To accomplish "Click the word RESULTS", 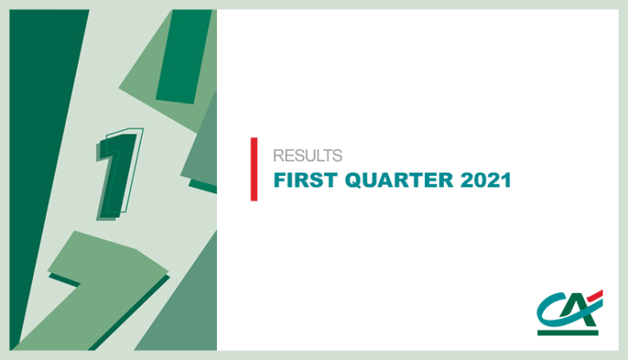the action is (x=308, y=155).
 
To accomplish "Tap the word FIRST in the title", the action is (x=305, y=180).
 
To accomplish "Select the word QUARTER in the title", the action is (x=399, y=180).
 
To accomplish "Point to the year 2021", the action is (x=486, y=180).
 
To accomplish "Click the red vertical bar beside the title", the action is (x=254, y=169).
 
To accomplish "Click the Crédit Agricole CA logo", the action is (x=570, y=313).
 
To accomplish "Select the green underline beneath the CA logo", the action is (x=567, y=333).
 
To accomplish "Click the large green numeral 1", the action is (x=119, y=174).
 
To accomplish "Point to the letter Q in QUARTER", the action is (x=354, y=180).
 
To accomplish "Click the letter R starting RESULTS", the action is (x=278, y=155).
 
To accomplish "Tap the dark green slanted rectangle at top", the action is (x=183, y=56).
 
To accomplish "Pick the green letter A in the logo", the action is (x=581, y=312).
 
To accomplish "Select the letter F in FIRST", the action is (x=279, y=180).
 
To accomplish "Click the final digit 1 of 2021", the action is (x=507, y=180).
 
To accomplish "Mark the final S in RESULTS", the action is (x=337, y=155).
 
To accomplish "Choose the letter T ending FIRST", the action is (x=331, y=180).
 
